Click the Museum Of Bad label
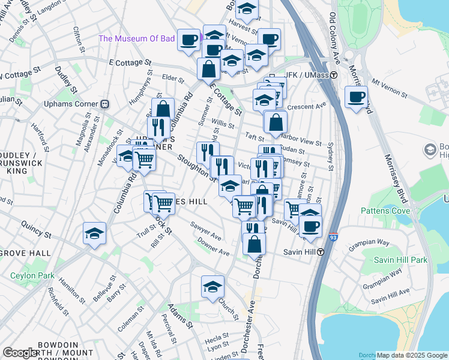(x=136, y=39)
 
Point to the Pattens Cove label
(x=385, y=211)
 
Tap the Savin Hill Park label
(x=400, y=260)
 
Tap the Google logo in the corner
(x=20, y=353)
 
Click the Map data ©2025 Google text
(x=411, y=355)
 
